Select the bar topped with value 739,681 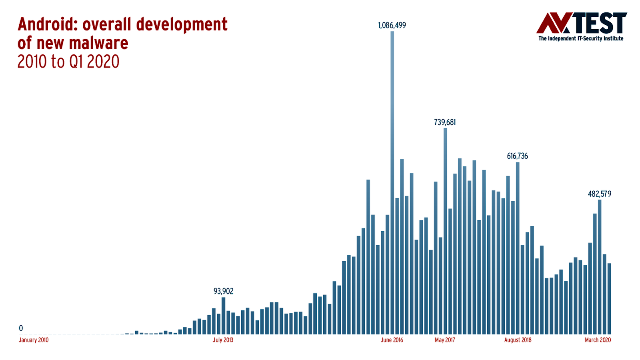(445, 232)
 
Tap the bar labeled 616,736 (518, 248)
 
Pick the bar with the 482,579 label (600, 268)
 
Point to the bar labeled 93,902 (223, 316)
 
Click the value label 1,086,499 (392, 25)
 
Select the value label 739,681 (445, 122)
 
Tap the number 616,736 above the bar (517, 156)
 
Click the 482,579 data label (599, 194)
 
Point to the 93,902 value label (223, 291)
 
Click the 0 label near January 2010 (21, 328)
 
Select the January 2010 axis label (34, 340)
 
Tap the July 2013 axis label (223, 340)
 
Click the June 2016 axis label (392, 340)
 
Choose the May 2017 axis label (445, 340)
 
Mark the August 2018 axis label (518, 340)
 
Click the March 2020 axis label (598, 340)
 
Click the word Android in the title (47, 25)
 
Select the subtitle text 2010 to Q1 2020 (68, 62)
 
